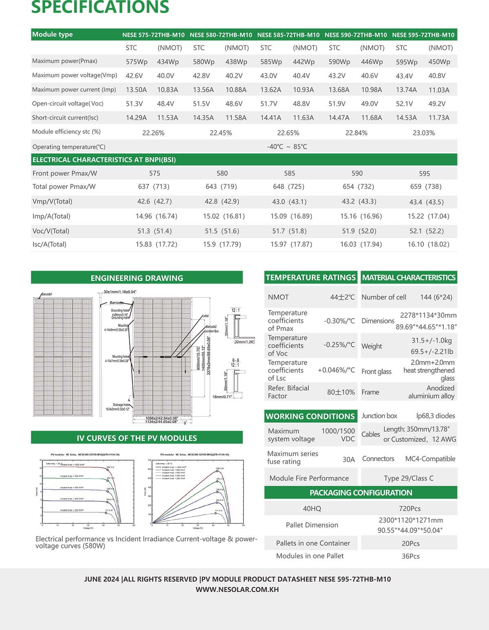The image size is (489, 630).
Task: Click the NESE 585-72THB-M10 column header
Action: [288, 35]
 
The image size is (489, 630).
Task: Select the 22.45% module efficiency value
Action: [220, 133]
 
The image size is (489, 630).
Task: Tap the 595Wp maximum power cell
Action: [407, 62]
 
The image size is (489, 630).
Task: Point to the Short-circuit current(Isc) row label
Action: [65, 118]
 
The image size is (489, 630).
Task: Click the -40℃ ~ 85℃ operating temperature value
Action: [287, 146]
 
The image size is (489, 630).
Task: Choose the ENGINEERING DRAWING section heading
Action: [137, 278]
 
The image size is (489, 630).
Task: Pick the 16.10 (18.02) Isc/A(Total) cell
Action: [428, 244]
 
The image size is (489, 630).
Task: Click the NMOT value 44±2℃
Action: [342, 297]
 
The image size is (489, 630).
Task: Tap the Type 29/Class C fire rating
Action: [408, 478]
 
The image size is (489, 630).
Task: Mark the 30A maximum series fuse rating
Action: [348, 459]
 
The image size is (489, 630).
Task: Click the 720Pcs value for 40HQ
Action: [410, 508]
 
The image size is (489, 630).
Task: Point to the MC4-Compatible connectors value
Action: [430, 459]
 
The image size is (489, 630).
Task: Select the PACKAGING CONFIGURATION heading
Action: [361, 492]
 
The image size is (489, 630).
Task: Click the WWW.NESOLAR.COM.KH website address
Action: [237, 590]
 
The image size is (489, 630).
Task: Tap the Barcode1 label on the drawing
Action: [47, 294]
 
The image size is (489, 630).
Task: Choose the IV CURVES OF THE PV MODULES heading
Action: [137, 438]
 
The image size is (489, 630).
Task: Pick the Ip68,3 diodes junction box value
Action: [435, 416]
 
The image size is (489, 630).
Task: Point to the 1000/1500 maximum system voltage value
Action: [338, 431]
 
